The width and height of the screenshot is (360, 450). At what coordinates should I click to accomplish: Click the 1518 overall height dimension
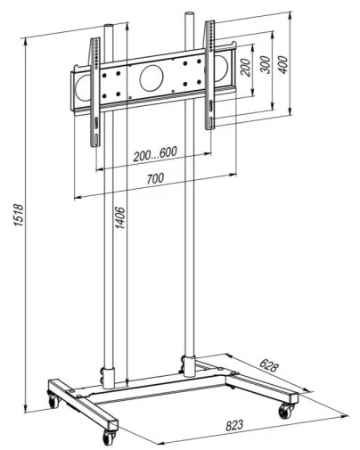point(19,215)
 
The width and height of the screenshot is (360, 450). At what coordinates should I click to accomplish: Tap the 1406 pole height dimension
point(120,217)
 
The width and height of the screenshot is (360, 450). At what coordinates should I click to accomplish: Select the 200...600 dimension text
point(155,153)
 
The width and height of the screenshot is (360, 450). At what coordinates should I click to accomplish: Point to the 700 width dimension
point(155,178)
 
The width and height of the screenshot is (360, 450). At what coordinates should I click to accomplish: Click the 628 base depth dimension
point(269,365)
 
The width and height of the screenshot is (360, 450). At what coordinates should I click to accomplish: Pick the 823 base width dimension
point(234,425)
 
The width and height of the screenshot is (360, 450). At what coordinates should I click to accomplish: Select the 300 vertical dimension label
point(266,64)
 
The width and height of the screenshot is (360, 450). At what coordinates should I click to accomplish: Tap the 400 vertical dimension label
point(282,64)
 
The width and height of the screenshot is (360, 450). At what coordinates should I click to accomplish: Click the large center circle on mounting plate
point(151,78)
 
